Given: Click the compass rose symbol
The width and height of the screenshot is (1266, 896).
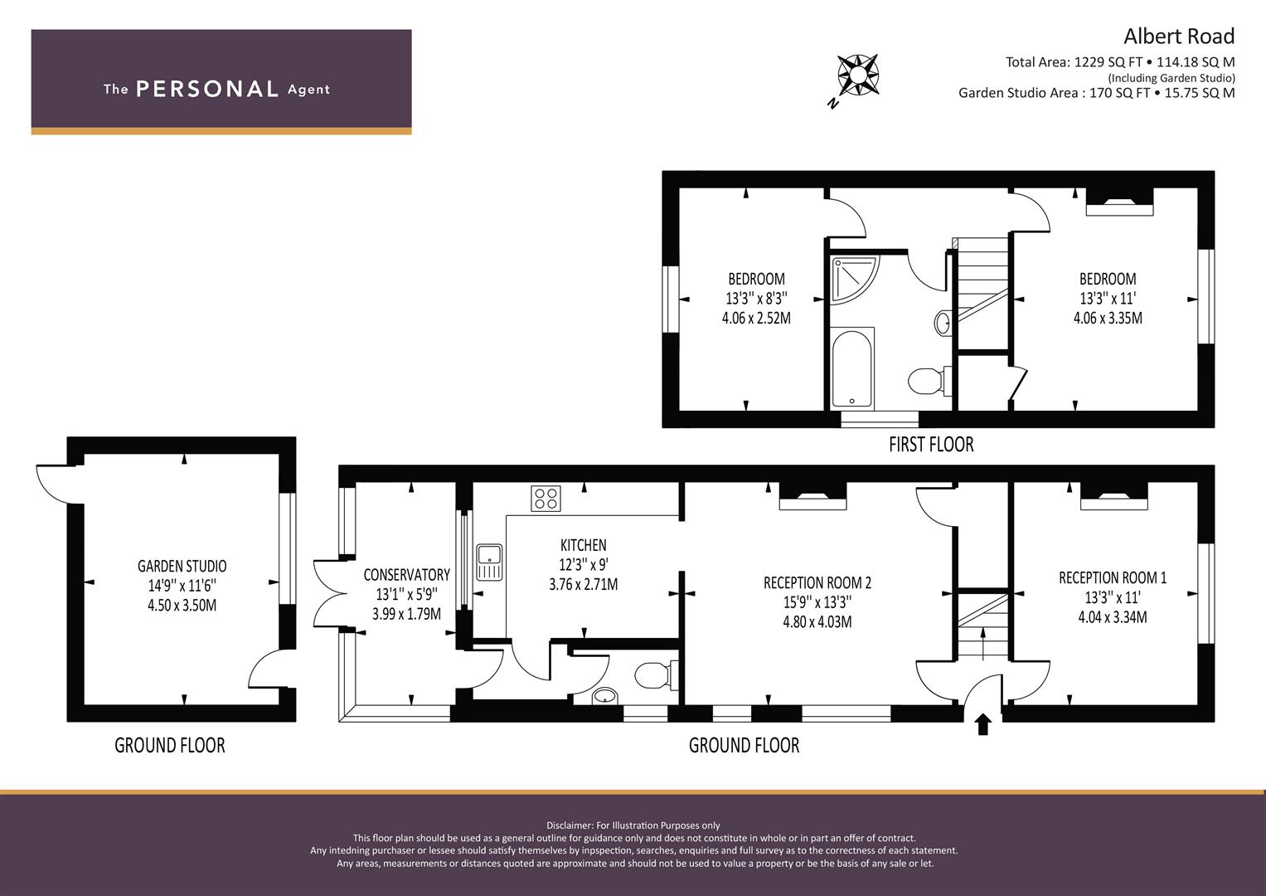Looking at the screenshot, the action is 857,75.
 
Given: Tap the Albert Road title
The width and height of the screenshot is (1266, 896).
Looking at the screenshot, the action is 1179,37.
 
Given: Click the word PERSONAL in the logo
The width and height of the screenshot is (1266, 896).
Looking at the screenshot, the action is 207,89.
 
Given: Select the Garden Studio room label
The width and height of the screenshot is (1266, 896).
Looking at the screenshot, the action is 182,566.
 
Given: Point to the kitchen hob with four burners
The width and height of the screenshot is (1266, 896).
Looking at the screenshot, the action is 546,499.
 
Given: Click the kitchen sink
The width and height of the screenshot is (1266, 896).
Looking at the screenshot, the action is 489,562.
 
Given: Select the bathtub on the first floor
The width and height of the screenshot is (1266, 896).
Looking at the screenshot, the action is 852,368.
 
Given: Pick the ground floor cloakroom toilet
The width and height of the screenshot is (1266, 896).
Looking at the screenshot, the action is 656,674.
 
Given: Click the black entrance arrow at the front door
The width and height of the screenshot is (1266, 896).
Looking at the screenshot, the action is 983,724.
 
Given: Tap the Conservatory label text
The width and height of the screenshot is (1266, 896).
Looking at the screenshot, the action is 406,575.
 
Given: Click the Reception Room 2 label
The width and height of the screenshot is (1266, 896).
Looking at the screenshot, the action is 817,582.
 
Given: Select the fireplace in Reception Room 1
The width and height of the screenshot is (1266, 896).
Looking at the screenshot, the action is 1114,496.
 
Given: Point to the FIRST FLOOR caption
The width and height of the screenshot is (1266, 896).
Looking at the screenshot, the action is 931,445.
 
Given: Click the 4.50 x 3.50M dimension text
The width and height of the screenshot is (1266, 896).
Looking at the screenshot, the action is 182,606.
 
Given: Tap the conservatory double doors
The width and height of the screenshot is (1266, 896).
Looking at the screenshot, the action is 330,593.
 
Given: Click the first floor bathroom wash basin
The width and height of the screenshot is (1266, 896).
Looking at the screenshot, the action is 943,323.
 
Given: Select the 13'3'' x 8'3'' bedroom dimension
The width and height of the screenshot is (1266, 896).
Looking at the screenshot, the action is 756,298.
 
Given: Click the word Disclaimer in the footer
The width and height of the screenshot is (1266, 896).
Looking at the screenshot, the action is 570,825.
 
